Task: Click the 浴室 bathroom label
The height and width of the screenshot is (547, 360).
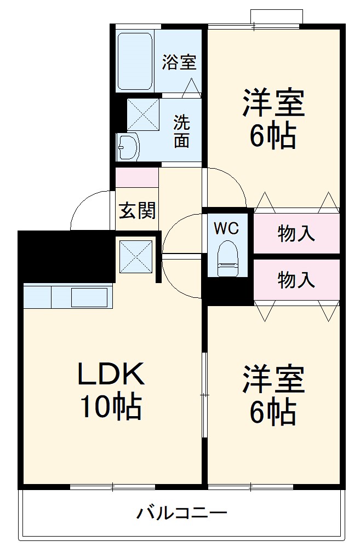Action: tap(179, 62)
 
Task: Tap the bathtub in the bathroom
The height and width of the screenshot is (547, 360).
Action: tap(135, 61)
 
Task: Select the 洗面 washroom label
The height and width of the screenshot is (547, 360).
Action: tap(181, 131)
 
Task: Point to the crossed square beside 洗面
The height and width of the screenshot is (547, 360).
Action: tap(143, 114)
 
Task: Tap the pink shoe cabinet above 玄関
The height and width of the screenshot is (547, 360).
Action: tap(137, 177)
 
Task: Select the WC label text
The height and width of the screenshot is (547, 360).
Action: tap(226, 228)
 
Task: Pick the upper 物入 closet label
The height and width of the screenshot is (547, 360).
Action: tap(296, 234)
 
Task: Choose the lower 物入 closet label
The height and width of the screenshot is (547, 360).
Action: tap(296, 280)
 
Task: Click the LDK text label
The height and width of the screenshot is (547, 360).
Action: tap(111, 374)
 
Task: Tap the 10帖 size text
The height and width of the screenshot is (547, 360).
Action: tap(111, 406)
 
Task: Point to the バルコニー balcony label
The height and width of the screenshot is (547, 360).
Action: tap(181, 514)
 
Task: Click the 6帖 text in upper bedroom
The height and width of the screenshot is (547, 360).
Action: tap(273, 136)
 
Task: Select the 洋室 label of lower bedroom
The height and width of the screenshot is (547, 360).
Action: tap(273, 379)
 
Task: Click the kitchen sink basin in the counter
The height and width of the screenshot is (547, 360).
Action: tap(89, 297)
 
